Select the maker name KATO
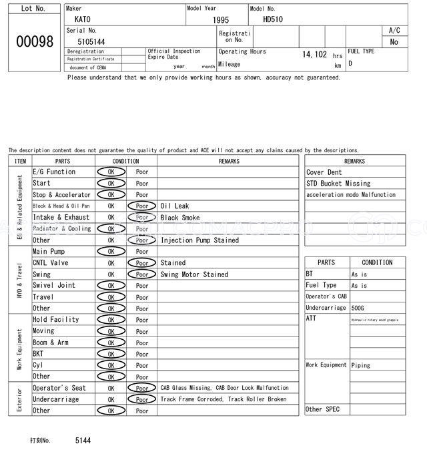point(83,20)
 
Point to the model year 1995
point(221,21)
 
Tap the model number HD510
point(273,20)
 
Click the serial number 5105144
point(91,41)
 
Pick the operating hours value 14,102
point(314,55)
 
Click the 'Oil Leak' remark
point(175,206)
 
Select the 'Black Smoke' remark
point(179,218)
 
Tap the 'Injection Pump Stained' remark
point(199,240)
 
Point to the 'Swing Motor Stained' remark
point(194,274)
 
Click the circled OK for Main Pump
point(111,252)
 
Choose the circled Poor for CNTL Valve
point(142,263)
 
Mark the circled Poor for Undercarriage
point(142,399)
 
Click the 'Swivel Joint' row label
point(54,286)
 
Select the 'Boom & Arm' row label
point(51,343)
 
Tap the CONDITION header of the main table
point(125,161)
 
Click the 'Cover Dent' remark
point(324,172)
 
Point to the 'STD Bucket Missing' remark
point(338,184)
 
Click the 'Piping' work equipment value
point(361,365)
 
